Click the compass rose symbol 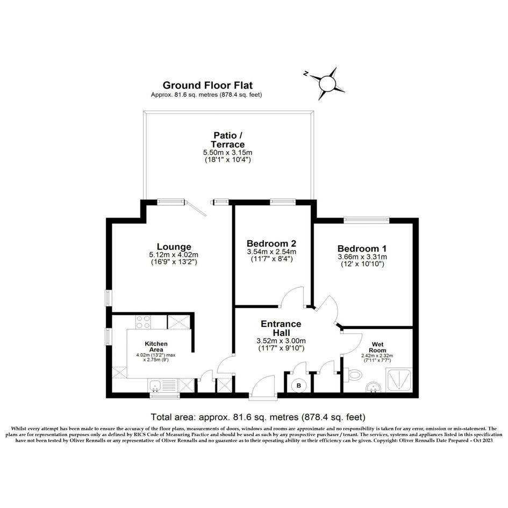point(327,83)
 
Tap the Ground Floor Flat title point(208,85)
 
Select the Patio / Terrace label point(227,140)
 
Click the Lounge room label point(174,247)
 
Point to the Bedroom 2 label point(271,244)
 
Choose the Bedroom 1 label point(362,248)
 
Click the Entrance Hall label point(281,328)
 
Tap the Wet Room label point(378,347)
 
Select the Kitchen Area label point(156,347)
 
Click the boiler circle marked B point(299,385)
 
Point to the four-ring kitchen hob point(143,321)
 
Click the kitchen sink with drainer point(162,385)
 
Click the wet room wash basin point(374,387)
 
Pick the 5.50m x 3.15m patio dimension point(227,152)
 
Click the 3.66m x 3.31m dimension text point(362,257)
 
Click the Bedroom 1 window point(367,220)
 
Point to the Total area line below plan point(258,417)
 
